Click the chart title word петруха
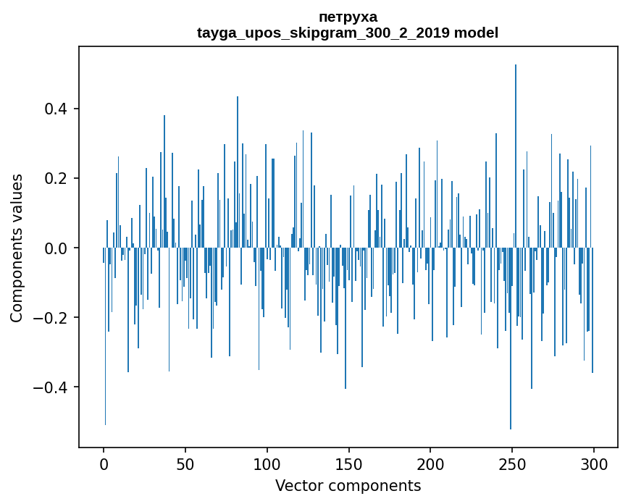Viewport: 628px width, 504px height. click(x=348, y=17)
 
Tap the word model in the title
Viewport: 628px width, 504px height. click(x=476, y=33)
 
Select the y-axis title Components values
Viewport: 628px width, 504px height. click(x=17, y=248)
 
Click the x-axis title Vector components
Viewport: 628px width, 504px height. click(x=348, y=485)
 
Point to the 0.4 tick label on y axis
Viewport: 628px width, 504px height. click(x=56, y=109)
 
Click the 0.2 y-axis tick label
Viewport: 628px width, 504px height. click(x=56, y=179)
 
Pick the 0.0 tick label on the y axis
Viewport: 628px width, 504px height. click(x=56, y=248)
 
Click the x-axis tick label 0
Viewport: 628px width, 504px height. click(x=104, y=463)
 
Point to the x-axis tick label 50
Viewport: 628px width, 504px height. click(x=185, y=463)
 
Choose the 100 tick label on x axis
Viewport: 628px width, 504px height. click(x=267, y=463)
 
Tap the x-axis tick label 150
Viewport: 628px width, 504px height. click(x=349, y=463)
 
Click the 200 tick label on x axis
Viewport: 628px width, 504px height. click(x=430, y=463)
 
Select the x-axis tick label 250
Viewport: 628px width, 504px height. click(x=512, y=463)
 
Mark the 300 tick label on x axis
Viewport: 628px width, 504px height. click(x=594, y=463)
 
